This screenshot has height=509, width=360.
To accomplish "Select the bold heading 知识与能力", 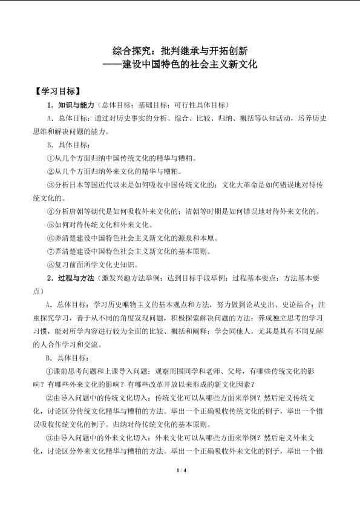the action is [76, 105].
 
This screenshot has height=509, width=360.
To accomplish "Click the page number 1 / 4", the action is [180, 471].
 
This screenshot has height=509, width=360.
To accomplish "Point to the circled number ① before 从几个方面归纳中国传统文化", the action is [50, 158].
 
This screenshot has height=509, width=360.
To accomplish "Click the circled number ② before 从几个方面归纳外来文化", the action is [50, 171].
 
